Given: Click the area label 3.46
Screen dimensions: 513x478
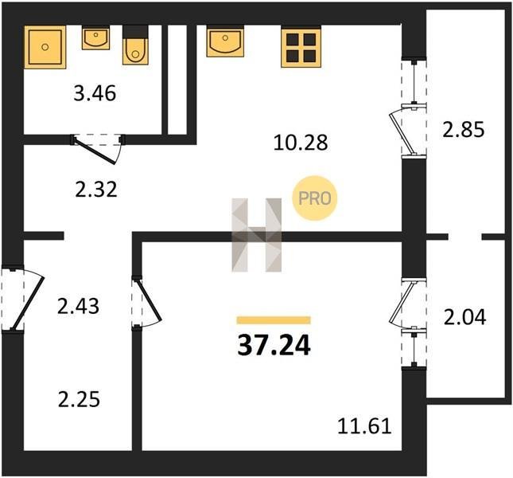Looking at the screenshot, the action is [95, 93].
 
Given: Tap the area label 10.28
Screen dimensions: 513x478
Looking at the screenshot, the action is [301, 143].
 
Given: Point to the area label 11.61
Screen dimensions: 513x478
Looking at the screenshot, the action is [364, 426].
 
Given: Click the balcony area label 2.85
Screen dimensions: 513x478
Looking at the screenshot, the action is [463, 129].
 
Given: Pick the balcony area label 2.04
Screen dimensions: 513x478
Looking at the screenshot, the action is [464, 317].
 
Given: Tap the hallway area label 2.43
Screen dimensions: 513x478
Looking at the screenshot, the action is [78, 307].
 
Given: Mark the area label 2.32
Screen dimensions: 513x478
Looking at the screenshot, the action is [96, 190].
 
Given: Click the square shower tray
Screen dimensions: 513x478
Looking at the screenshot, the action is [45, 47].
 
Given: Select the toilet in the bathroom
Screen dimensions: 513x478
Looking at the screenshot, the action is [135, 45].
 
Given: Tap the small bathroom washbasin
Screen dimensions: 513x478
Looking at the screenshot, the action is [95, 38].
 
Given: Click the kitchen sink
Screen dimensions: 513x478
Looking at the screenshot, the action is [225, 42].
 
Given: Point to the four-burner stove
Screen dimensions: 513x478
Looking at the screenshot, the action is [301, 48].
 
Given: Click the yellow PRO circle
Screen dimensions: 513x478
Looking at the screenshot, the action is [314, 198].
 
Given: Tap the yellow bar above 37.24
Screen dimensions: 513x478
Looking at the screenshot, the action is [274, 320].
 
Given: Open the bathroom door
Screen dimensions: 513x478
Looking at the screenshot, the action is [97, 148].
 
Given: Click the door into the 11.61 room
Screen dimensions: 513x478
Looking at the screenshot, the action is [146, 302].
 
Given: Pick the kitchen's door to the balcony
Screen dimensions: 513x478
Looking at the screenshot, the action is [407, 131].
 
